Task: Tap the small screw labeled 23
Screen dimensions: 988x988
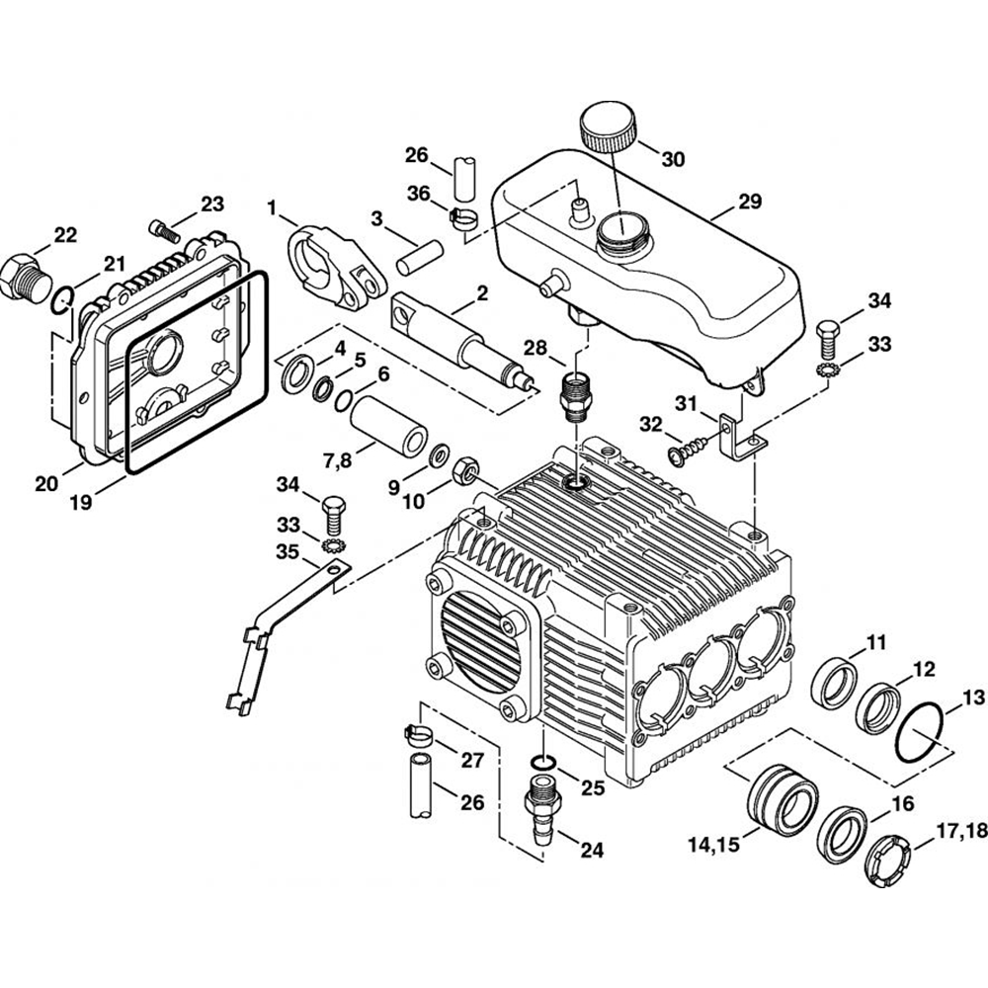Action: [x=163, y=229]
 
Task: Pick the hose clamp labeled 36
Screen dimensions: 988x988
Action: [x=462, y=215]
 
